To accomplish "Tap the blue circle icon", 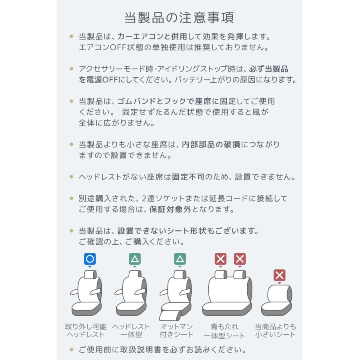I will (90, 259).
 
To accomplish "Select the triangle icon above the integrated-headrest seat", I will (135, 259).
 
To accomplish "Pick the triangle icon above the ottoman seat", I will (180, 259).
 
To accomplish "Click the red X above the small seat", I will (280, 275).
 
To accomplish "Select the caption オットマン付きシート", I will (176, 330).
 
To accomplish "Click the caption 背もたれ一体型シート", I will (224, 331).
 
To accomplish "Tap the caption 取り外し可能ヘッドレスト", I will (86, 330).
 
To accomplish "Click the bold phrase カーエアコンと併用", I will (152, 37).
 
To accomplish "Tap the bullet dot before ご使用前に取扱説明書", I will (72, 350).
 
